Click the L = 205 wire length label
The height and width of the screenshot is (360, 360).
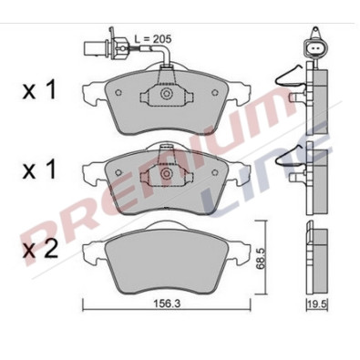pyautogui.click(x=153, y=39)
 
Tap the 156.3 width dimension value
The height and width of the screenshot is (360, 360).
pyautogui.click(x=166, y=303)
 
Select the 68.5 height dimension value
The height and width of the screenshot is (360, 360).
pyautogui.click(x=261, y=258)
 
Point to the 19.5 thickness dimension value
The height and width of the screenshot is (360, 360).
pyautogui.click(x=316, y=303)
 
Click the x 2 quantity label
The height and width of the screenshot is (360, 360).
pyautogui.click(x=40, y=251)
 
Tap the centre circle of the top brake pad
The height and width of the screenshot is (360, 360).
pyautogui.click(x=166, y=94)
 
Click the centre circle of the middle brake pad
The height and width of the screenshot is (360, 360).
pyautogui.click(x=166, y=174)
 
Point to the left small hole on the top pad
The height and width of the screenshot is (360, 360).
pyautogui.click(x=118, y=92)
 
